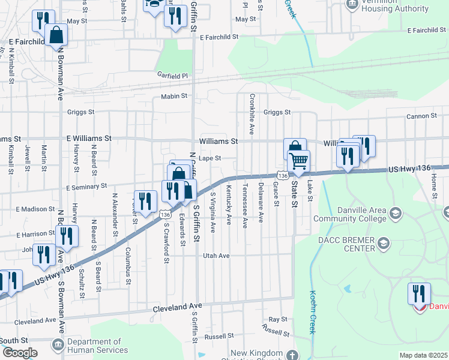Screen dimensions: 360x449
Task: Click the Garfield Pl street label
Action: click(173, 76)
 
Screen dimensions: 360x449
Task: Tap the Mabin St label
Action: click(174, 96)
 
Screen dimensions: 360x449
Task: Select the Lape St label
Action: click(210, 158)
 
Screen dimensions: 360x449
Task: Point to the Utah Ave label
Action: click(216, 256)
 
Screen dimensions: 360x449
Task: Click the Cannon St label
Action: click(421, 116)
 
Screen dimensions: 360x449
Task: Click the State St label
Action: click(294, 196)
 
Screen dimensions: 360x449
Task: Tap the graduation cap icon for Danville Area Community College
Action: click(396, 212)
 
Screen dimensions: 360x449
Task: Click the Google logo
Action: click(20, 353)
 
